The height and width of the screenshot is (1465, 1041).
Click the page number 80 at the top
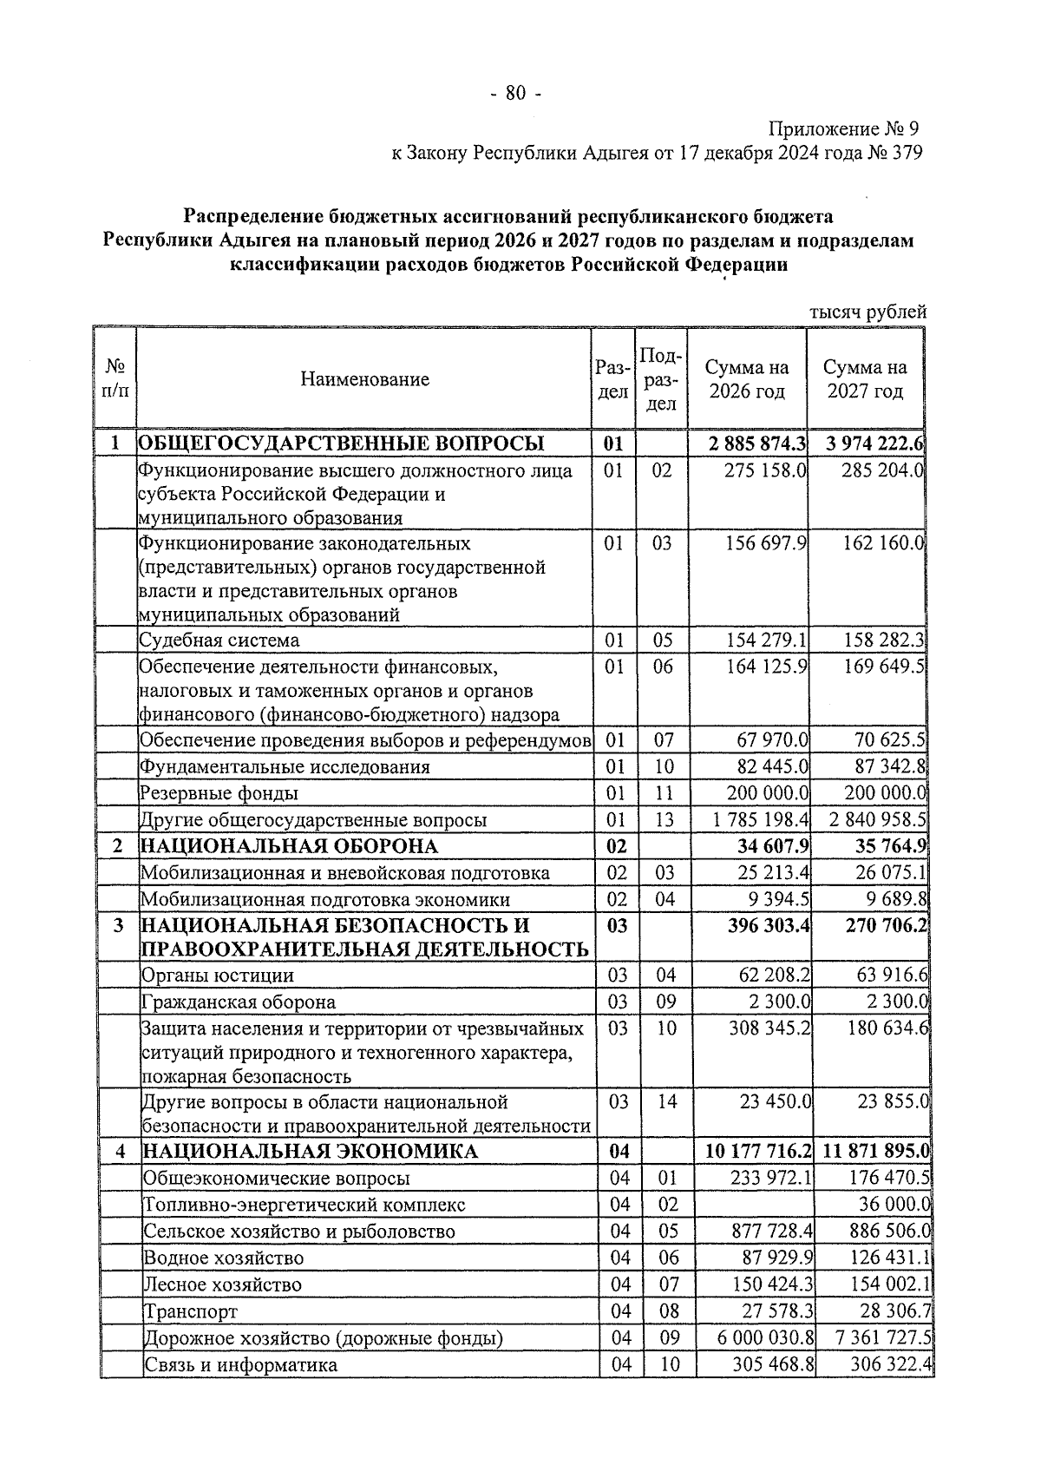click(515, 94)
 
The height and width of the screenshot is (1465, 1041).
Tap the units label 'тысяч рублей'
click(868, 312)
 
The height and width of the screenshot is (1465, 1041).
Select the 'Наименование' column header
click(364, 379)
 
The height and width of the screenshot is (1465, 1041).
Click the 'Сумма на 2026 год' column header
click(747, 379)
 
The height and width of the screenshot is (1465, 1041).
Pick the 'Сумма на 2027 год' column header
click(866, 379)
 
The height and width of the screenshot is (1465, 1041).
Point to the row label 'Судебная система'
click(219, 641)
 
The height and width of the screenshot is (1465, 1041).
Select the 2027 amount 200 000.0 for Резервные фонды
click(886, 793)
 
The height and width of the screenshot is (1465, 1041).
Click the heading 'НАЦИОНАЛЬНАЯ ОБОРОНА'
click(289, 846)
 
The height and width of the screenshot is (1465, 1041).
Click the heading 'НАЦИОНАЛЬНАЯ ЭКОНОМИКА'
click(310, 1152)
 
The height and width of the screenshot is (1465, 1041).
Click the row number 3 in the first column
click(119, 926)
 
